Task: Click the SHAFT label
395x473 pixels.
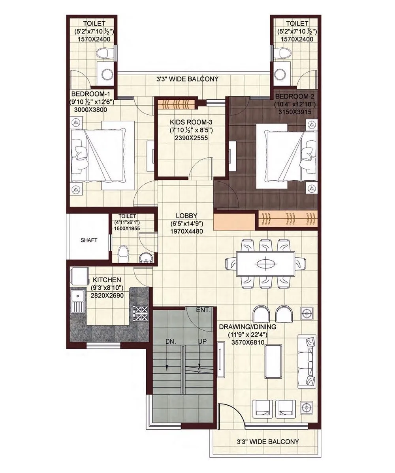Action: pyautogui.click(x=89, y=240)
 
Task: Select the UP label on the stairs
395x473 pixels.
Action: pyautogui.click(x=202, y=341)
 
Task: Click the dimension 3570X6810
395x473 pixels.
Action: pyautogui.click(x=248, y=343)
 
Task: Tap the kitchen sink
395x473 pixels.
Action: pyautogui.click(x=78, y=302)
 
